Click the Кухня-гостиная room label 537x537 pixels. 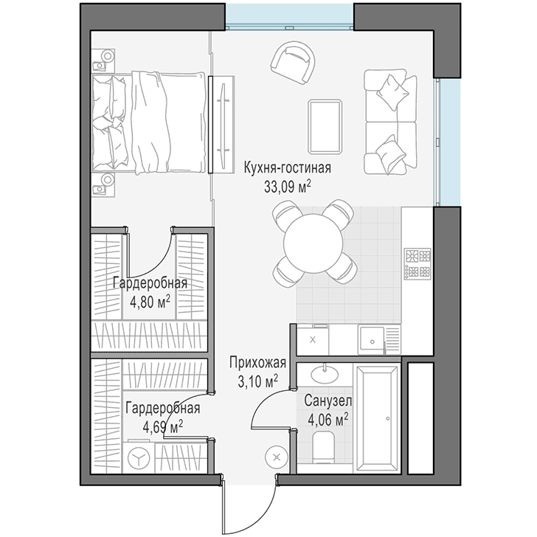coord(288,168)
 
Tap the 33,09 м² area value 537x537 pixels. coord(288,187)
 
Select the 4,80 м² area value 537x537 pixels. coord(150,302)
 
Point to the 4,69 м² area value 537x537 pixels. coord(163,427)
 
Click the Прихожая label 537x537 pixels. coord(258,363)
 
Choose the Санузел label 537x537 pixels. coord(328,401)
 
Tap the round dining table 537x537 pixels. coord(313,243)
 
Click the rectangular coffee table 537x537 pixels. coord(325,126)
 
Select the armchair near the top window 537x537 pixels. coord(293,62)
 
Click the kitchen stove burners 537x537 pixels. coord(418,263)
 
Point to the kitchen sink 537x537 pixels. coord(372,339)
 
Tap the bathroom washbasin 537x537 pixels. coord(325,373)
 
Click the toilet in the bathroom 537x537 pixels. coord(323,447)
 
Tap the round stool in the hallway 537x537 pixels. coord(277,456)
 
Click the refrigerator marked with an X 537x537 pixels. coord(312,340)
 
